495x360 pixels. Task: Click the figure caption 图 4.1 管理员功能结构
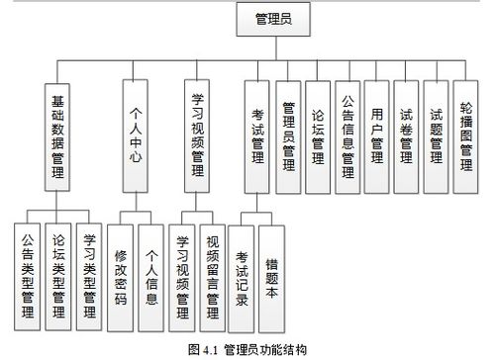tap(247, 349)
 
